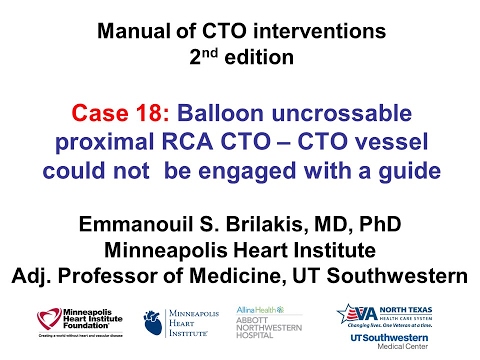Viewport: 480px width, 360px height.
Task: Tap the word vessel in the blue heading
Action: (x=397, y=140)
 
